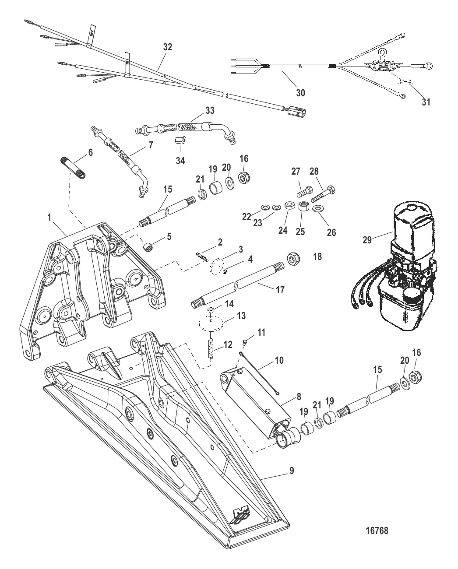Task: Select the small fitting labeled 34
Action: click(x=179, y=140)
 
